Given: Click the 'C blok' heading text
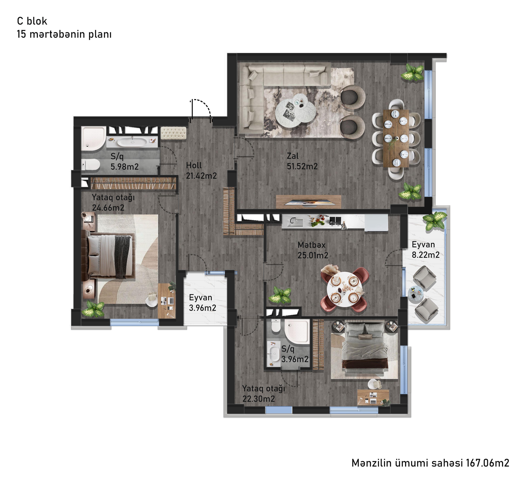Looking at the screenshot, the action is coord(32,21).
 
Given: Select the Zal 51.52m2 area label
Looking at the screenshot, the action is coord(302,161).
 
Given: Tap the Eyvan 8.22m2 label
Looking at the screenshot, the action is coord(426,250).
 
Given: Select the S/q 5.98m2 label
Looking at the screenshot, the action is coord(124,161).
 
